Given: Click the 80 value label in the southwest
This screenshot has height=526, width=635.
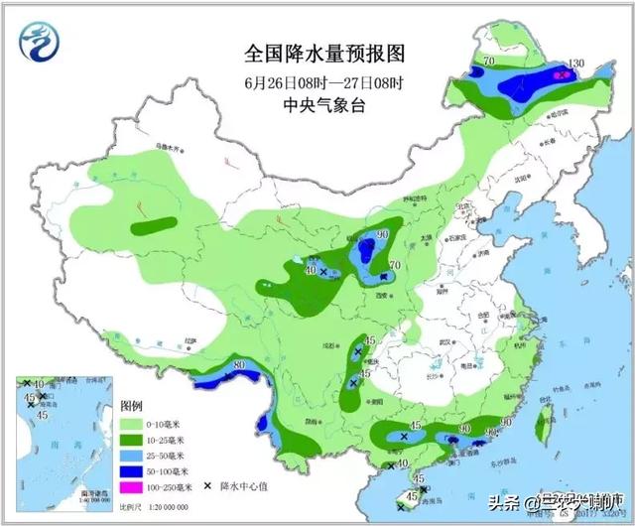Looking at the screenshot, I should coord(238,366).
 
